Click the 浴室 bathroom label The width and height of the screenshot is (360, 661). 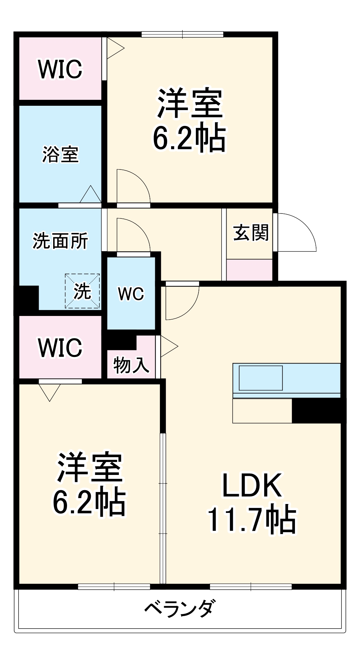[60, 155]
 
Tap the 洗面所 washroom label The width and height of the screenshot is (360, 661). [60, 241]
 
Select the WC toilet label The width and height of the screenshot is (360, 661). [131, 293]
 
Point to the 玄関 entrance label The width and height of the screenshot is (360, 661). [251, 233]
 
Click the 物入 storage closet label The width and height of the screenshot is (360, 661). [131, 365]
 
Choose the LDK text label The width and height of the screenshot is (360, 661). [252, 485]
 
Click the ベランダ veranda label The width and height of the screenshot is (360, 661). [180, 608]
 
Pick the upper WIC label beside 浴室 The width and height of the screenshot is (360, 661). [60, 69]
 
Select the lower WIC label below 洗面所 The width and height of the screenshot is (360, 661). [60, 347]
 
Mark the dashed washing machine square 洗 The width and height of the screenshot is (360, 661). [82, 291]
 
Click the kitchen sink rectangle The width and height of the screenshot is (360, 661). [261, 378]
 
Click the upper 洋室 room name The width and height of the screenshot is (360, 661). [190, 103]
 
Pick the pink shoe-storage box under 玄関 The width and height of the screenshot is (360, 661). [249, 270]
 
